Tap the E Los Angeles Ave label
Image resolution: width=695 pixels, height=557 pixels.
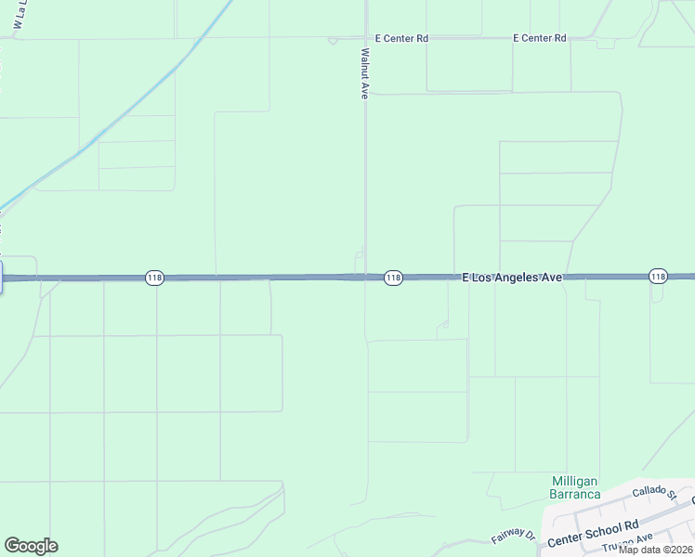pos(513,278)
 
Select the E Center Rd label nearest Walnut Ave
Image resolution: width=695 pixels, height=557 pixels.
pos(401,39)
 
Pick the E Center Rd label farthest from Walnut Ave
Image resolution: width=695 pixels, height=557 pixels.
pos(539,38)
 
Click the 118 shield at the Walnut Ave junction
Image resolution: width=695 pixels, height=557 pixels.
pos(393,278)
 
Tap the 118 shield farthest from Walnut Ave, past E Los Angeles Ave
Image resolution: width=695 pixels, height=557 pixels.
pos(658,277)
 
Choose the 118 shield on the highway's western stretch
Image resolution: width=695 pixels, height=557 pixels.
pos(154,278)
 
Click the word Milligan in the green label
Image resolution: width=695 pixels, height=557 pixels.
pos(575,480)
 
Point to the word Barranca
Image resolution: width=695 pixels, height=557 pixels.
pos(575,494)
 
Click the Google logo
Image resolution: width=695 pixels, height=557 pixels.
pos(31,546)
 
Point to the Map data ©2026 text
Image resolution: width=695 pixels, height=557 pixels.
pos(656,549)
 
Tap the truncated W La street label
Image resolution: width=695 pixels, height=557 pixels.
pos(18,19)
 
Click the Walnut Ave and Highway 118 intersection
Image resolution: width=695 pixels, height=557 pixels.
pos(365,277)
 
